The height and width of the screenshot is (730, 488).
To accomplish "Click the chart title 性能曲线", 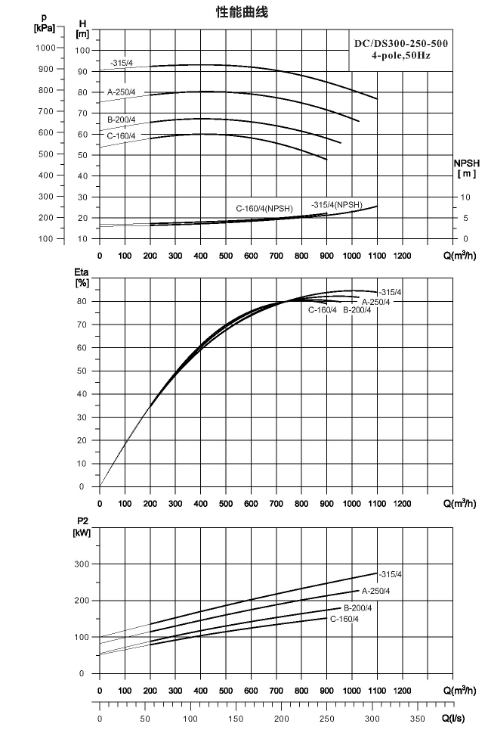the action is tap(242, 12).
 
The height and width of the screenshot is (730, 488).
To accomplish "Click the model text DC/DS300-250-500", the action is tap(401, 44).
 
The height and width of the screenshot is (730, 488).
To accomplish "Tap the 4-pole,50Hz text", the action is tap(400, 56).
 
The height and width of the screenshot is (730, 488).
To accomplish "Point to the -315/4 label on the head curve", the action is tap(122, 63).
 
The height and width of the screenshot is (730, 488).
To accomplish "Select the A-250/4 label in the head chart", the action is tap(122, 92).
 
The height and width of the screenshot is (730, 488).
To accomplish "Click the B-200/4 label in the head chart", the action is tap(122, 120).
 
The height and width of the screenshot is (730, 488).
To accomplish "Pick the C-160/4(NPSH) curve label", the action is tap(264, 209).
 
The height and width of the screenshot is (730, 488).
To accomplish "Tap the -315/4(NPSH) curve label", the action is tap(337, 205).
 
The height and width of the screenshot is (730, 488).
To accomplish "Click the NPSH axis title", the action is tap(467, 169).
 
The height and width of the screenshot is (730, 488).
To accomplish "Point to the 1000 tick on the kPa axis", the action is tap(45, 48).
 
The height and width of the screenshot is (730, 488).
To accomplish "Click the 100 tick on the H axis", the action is tap(83, 50).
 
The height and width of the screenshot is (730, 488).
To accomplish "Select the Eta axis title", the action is tap(82, 278).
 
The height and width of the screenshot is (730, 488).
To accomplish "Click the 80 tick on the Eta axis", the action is tap(82, 301).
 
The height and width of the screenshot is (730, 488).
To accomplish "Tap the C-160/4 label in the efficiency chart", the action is tap(322, 310).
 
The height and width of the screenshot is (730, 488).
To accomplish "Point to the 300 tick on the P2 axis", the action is tap(82, 564).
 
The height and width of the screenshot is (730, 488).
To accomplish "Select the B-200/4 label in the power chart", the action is tap(358, 608).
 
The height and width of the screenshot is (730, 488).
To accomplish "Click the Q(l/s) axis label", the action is tap(454, 719).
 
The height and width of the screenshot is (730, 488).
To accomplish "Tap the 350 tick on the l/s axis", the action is tap(418, 719).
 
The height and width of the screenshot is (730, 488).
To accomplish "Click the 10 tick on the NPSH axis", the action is tap(465, 197).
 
